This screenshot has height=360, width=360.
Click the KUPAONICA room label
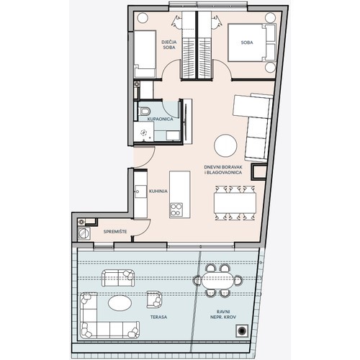tap(160, 120)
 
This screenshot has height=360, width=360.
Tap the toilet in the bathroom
tap(144, 111)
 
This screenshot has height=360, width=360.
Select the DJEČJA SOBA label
tap(169, 45)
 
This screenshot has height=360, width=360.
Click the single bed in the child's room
tap(145, 54)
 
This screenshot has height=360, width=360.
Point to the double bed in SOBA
tap(251, 42)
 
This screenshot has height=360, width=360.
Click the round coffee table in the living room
tap(225, 145)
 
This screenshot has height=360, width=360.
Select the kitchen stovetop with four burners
tap(176, 210)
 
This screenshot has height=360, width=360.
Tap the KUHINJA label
tap(158, 192)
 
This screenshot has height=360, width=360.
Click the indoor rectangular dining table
tap(235, 203)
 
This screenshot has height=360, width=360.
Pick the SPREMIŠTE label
tap(115, 232)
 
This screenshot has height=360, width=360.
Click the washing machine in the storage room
tap(84, 233)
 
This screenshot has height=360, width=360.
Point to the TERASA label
tap(158, 317)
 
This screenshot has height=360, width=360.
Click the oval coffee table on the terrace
tap(120, 303)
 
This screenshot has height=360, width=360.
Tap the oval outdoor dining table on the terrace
tap(217, 280)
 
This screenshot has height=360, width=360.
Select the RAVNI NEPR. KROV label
tap(223, 315)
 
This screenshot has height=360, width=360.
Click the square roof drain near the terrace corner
tap(242, 330)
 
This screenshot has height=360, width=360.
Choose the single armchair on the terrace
tap(154, 300)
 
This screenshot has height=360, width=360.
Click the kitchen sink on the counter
tap(140, 192)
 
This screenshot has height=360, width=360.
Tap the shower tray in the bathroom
tap(144, 132)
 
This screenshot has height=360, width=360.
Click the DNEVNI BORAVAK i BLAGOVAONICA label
tap(223, 170)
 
